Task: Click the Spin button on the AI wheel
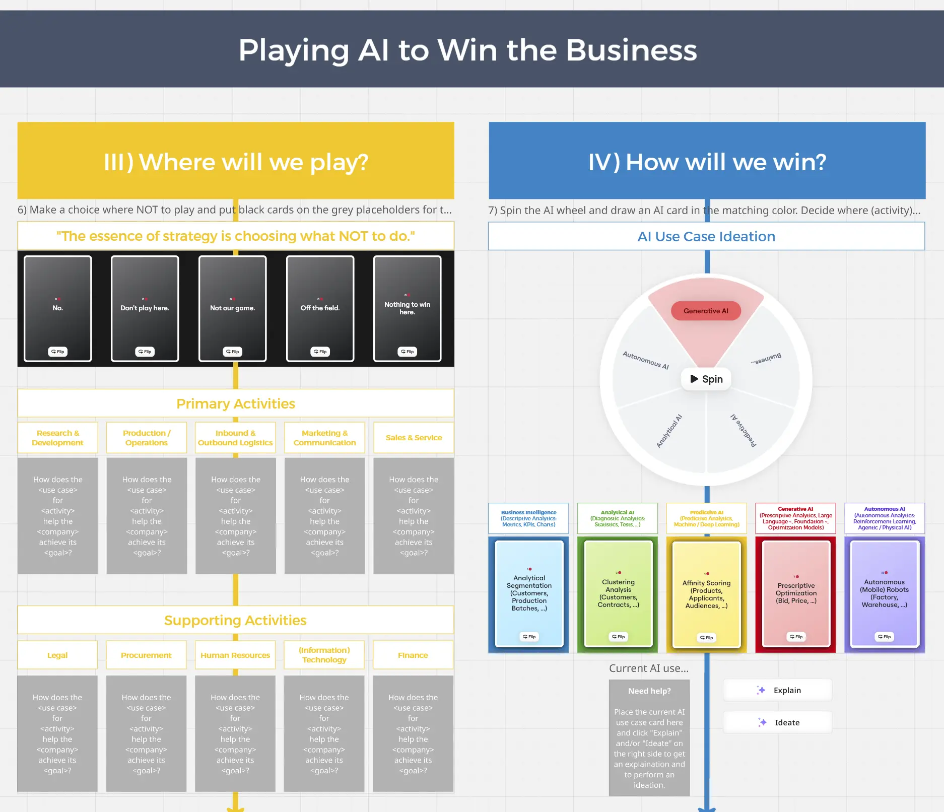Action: coord(706,379)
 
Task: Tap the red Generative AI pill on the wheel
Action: coord(706,311)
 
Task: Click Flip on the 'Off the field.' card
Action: coord(320,352)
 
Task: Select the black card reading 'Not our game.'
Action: coord(232,308)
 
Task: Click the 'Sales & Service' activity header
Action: coord(414,438)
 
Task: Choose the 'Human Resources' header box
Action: coord(235,655)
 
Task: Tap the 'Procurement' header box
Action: coord(146,655)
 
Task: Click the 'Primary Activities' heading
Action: coord(236,403)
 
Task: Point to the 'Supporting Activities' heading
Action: coord(235,620)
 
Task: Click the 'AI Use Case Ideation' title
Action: coord(706,236)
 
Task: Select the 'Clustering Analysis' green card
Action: coord(618,593)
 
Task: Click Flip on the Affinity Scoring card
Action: coord(706,638)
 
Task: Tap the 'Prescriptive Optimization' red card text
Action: coord(796,593)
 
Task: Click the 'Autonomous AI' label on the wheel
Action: coord(645,360)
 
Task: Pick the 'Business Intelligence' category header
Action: coord(528,518)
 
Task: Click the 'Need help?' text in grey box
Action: coord(649,691)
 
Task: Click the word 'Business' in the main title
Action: coord(631,50)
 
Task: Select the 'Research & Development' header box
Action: coord(58,438)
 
